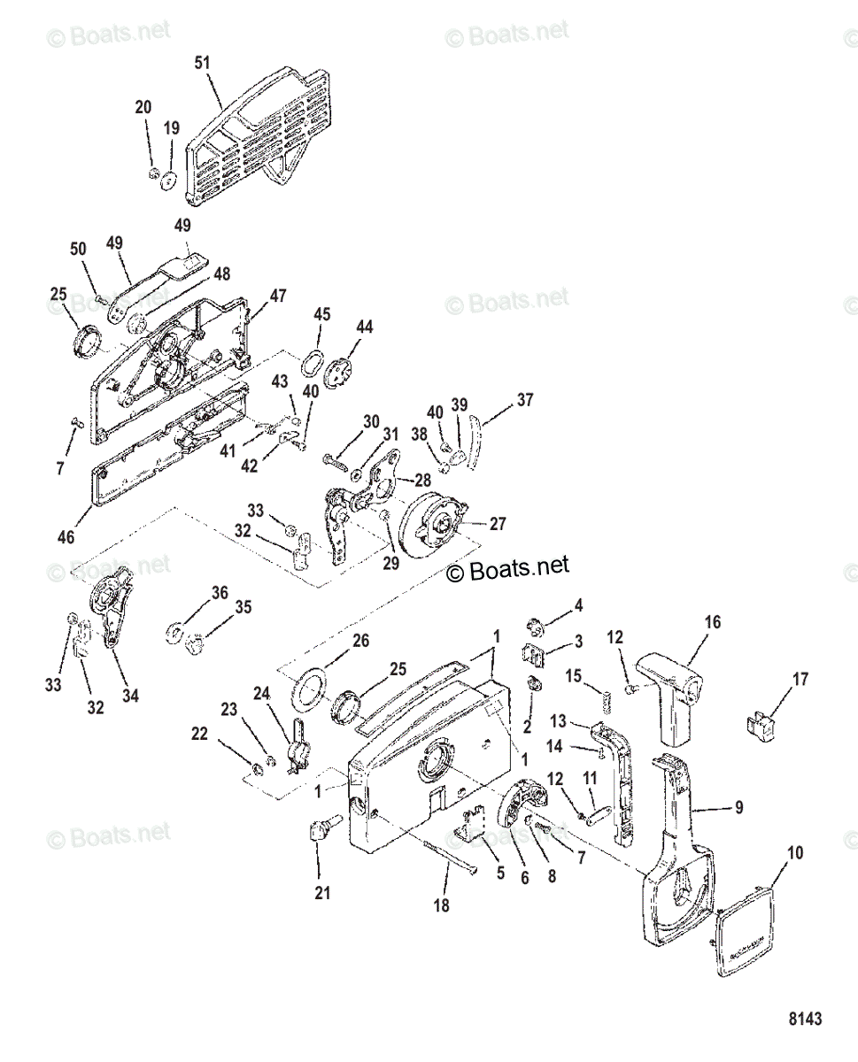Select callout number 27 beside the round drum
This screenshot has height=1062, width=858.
pos(498,524)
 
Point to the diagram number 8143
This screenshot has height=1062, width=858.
pos(804,1019)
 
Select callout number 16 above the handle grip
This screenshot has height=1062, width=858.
pos(712,622)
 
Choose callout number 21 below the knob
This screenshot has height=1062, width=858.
pos(322,893)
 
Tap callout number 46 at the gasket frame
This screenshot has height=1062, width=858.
pos(66,537)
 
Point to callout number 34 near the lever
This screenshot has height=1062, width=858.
pos(130,696)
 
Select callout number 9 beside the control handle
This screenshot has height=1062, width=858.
pos(738,807)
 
